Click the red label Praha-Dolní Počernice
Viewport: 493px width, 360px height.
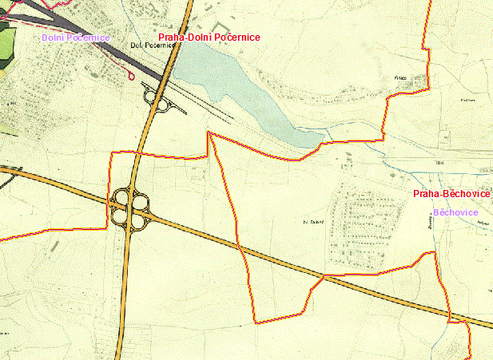tap(209, 38)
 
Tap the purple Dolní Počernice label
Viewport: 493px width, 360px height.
tap(75, 38)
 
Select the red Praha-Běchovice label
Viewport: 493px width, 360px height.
tap(451, 195)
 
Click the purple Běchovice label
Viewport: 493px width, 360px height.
tap(455, 212)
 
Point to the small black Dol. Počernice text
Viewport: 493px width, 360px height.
tap(152, 45)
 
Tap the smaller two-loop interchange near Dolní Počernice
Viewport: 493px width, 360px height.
tap(156, 100)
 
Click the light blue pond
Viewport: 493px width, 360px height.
tap(240, 88)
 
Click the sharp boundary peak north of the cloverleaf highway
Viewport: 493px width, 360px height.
tap(209, 133)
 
